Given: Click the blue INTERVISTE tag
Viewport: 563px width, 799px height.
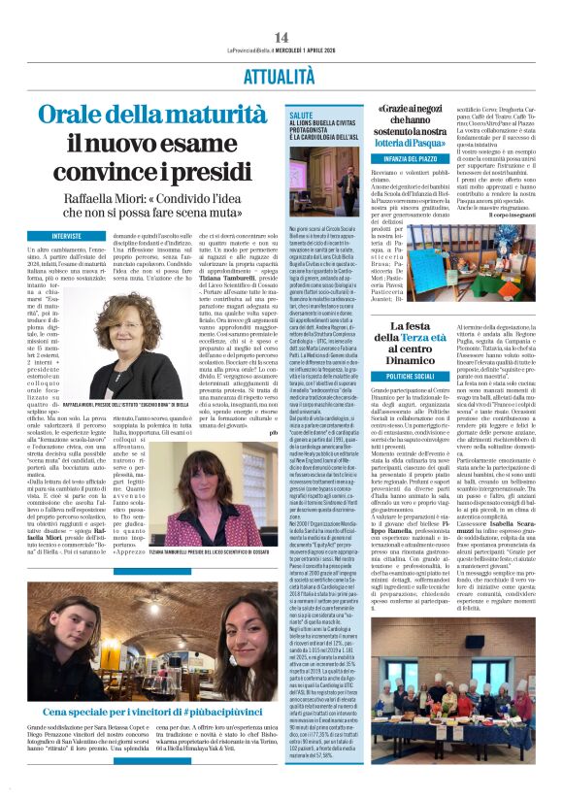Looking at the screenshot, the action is point(67,236).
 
